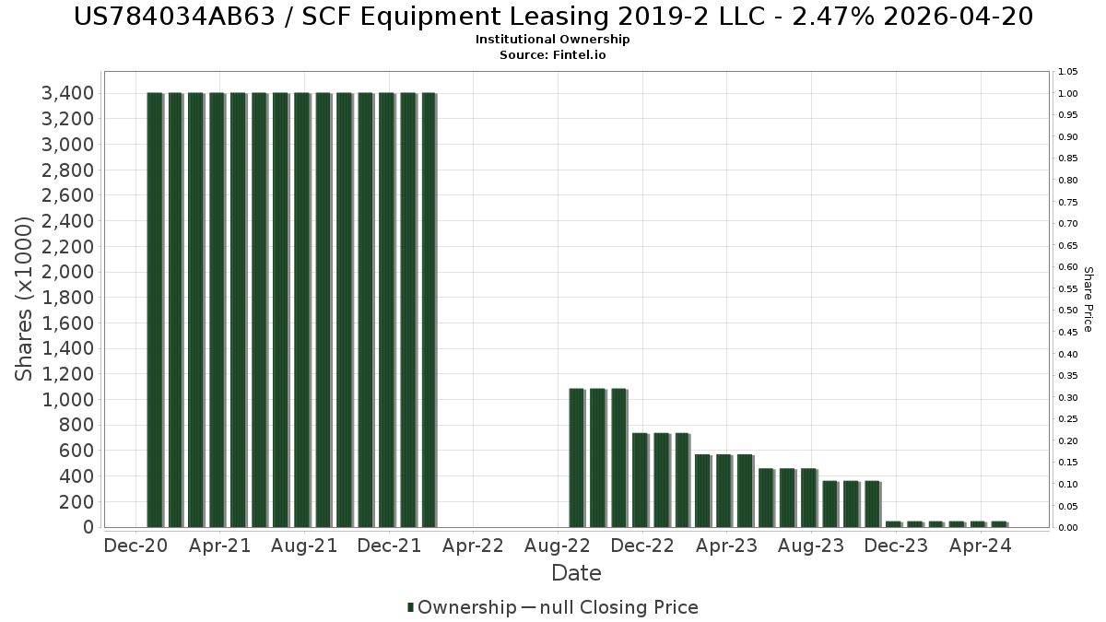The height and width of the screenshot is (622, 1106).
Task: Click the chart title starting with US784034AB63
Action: pyautogui.click(x=552, y=17)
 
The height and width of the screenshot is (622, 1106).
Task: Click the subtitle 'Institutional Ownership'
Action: pyautogui.click(x=552, y=40)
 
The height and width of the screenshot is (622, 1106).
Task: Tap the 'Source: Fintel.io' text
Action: pyautogui.click(x=552, y=54)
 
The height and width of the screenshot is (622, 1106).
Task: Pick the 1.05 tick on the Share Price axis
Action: pyautogui.click(x=1067, y=72)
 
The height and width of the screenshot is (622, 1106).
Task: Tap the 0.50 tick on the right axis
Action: pyautogui.click(x=1067, y=311)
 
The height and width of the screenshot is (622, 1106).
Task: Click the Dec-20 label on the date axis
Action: pyautogui.click(x=136, y=546)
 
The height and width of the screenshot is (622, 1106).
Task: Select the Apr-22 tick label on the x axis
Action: pyautogui.click(x=473, y=546)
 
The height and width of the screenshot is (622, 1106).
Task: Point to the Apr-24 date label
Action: pyautogui.click(x=981, y=546)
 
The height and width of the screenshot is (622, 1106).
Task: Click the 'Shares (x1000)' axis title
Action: pyautogui.click(x=25, y=299)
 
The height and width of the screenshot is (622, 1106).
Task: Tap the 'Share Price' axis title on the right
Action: pyautogui.click(x=1088, y=299)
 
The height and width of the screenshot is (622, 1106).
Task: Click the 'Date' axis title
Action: pyautogui.click(x=576, y=573)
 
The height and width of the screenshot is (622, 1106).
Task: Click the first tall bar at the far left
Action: pyautogui.click(x=155, y=310)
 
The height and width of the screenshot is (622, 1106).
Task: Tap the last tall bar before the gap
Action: pyautogui.click(x=429, y=310)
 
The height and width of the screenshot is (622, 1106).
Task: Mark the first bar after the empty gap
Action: pyautogui.click(x=577, y=458)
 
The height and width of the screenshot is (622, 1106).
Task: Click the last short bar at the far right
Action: pyautogui.click(x=999, y=524)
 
